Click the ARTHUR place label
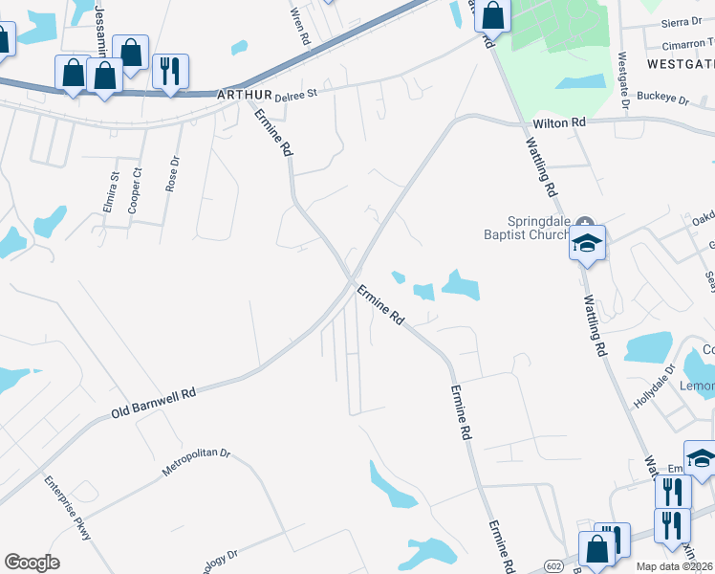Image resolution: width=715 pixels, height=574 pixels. (245, 96)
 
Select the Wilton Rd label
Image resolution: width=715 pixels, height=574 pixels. (559, 123)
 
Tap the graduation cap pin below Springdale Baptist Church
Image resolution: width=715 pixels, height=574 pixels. (588, 244)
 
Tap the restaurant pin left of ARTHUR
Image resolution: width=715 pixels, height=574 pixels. (169, 72)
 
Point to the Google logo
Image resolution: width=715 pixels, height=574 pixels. (32, 563)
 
